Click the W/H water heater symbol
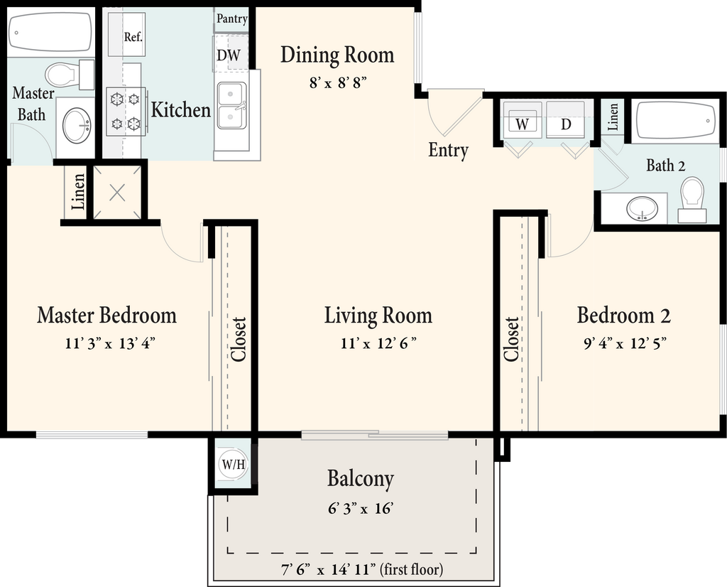click(x=233, y=465)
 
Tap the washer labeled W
click(x=522, y=119)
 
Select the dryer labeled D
click(x=566, y=119)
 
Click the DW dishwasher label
click(x=229, y=55)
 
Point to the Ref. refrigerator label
click(x=133, y=37)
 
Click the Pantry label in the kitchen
click(x=232, y=19)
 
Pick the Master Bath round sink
click(x=77, y=125)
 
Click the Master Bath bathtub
click(x=50, y=31)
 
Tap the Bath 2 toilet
click(x=692, y=198)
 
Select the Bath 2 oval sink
click(x=642, y=209)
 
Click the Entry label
click(x=448, y=151)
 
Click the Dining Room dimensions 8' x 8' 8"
click(x=338, y=84)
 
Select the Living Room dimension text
click(x=378, y=344)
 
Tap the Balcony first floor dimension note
click(x=362, y=569)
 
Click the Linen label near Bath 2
click(x=613, y=117)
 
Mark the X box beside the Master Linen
click(x=117, y=192)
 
